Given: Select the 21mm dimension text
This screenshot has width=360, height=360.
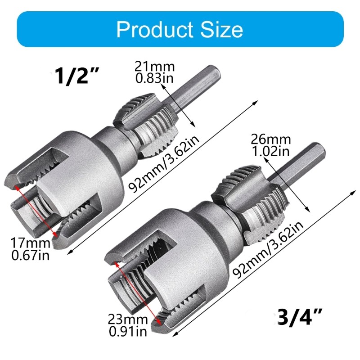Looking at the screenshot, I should click(154, 67).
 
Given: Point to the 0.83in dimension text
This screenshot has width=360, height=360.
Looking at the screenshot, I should click(154, 78).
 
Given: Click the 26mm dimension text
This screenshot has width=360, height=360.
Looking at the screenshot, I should click(271, 139).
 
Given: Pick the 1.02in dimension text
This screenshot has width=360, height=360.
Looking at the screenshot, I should click(271, 150).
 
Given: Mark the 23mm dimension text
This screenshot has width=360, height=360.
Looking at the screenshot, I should click(128, 320).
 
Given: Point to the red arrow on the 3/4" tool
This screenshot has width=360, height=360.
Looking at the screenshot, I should click(138, 293).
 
